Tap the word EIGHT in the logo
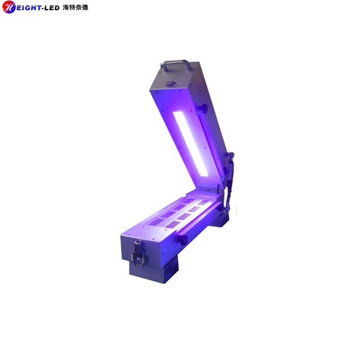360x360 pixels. click(x=28, y=8)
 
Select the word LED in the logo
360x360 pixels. click(x=51, y=8)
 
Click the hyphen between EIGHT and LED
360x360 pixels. click(x=41, y=8)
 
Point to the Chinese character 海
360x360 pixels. click(x=66, y=8)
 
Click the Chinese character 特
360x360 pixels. click(x=73, y=8)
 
